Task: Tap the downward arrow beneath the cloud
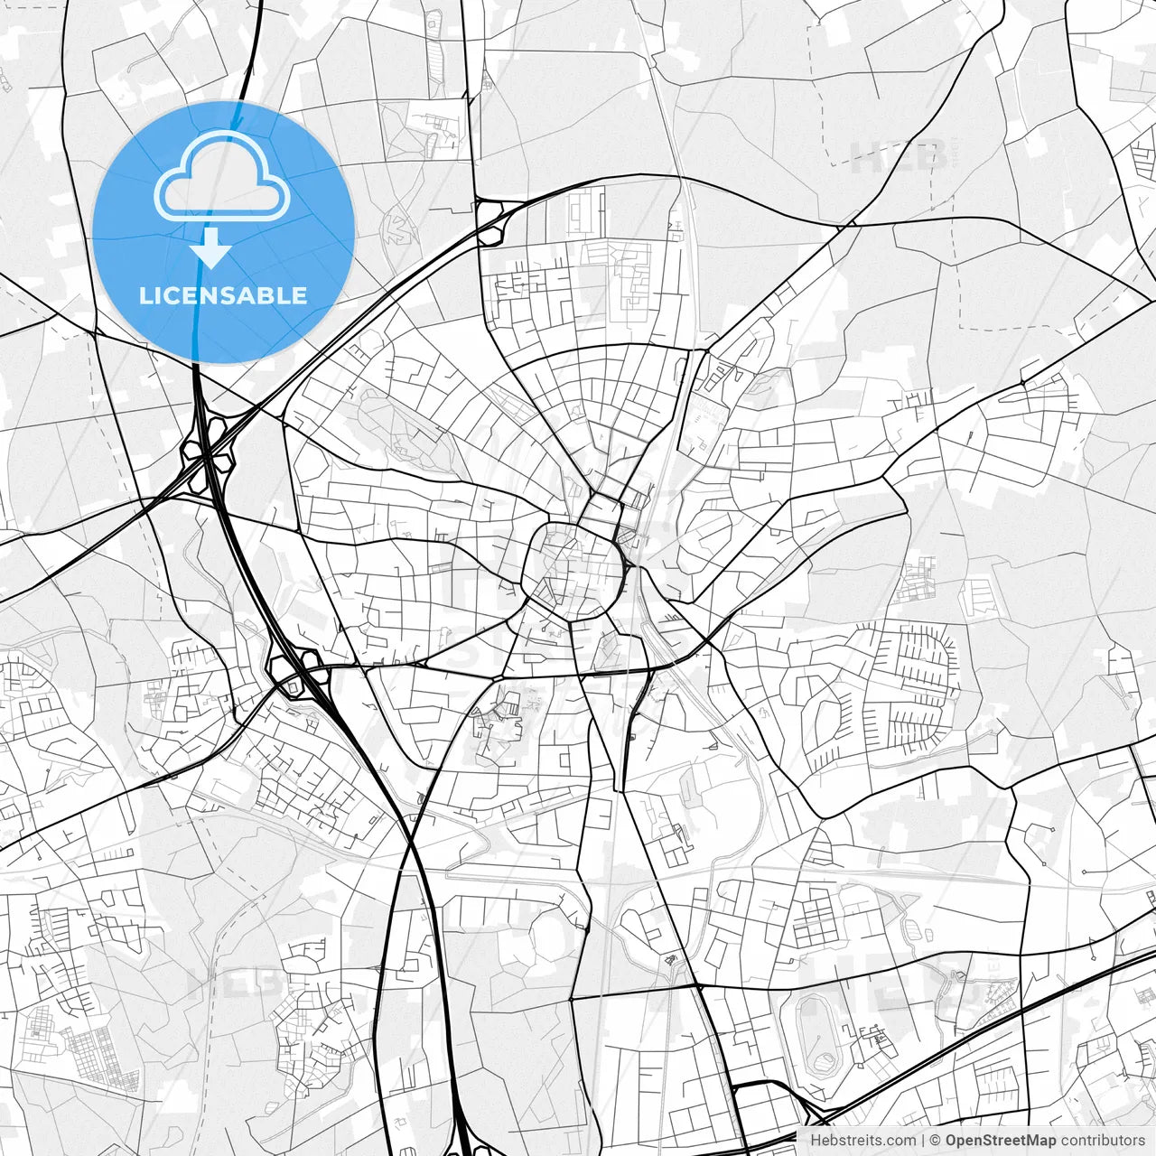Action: coord(212,248)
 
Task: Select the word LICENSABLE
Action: coord(223,295)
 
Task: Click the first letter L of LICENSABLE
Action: coord(145,295)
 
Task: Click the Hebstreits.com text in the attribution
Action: coord(862,1141)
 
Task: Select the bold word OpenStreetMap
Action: coord(1000,1141)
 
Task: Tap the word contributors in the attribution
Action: coord(1102,1141)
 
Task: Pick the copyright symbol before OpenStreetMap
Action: coord(936,1141)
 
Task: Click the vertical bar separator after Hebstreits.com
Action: coord(923,1141)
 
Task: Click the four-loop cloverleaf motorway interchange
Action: coord(208,456)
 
